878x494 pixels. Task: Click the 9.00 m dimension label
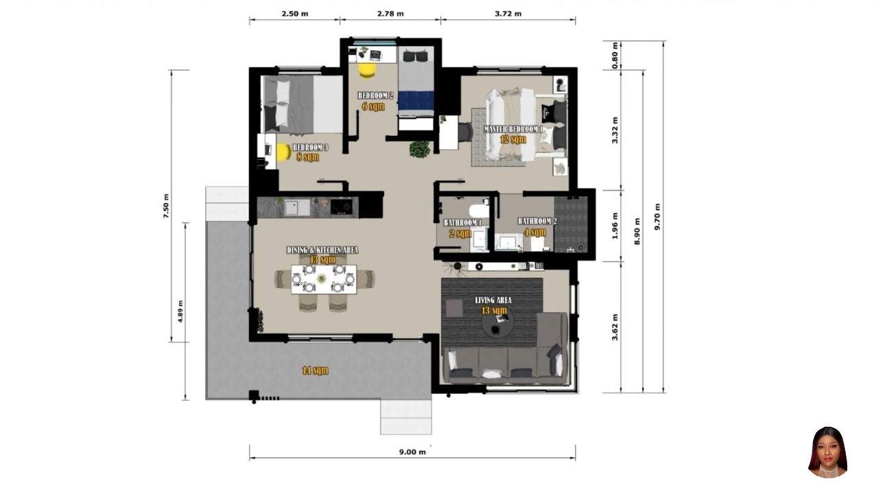pyautogui.click(x=412, y=451)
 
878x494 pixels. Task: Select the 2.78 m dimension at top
pyautogui.click(x=390, y=14)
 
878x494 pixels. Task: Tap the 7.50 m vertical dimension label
pyautogui.click(x=165, y=206)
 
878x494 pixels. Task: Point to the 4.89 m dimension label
pyautogui.click(x=180, y=311)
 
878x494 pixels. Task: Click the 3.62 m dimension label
pyautogui.click(x=615, y=327)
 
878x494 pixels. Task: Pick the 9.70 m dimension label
pyautogui.click(x=658, y=216)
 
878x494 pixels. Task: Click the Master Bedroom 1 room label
pyautogui.click(x=514, y=129)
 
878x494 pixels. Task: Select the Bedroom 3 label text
pyautogui.click(x=310, y=148)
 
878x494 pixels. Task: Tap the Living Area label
pyautogui.click(x=493, y=300)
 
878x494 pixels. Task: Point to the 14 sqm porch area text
pyautogui.click(x=315, y=370)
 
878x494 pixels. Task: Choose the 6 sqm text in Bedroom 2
pyautogui.click(x=374, y=106)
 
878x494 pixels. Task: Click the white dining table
pyautogui.click(x=324, y=279)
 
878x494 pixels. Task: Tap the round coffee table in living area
pyautogui.click(x=496, y=327)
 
